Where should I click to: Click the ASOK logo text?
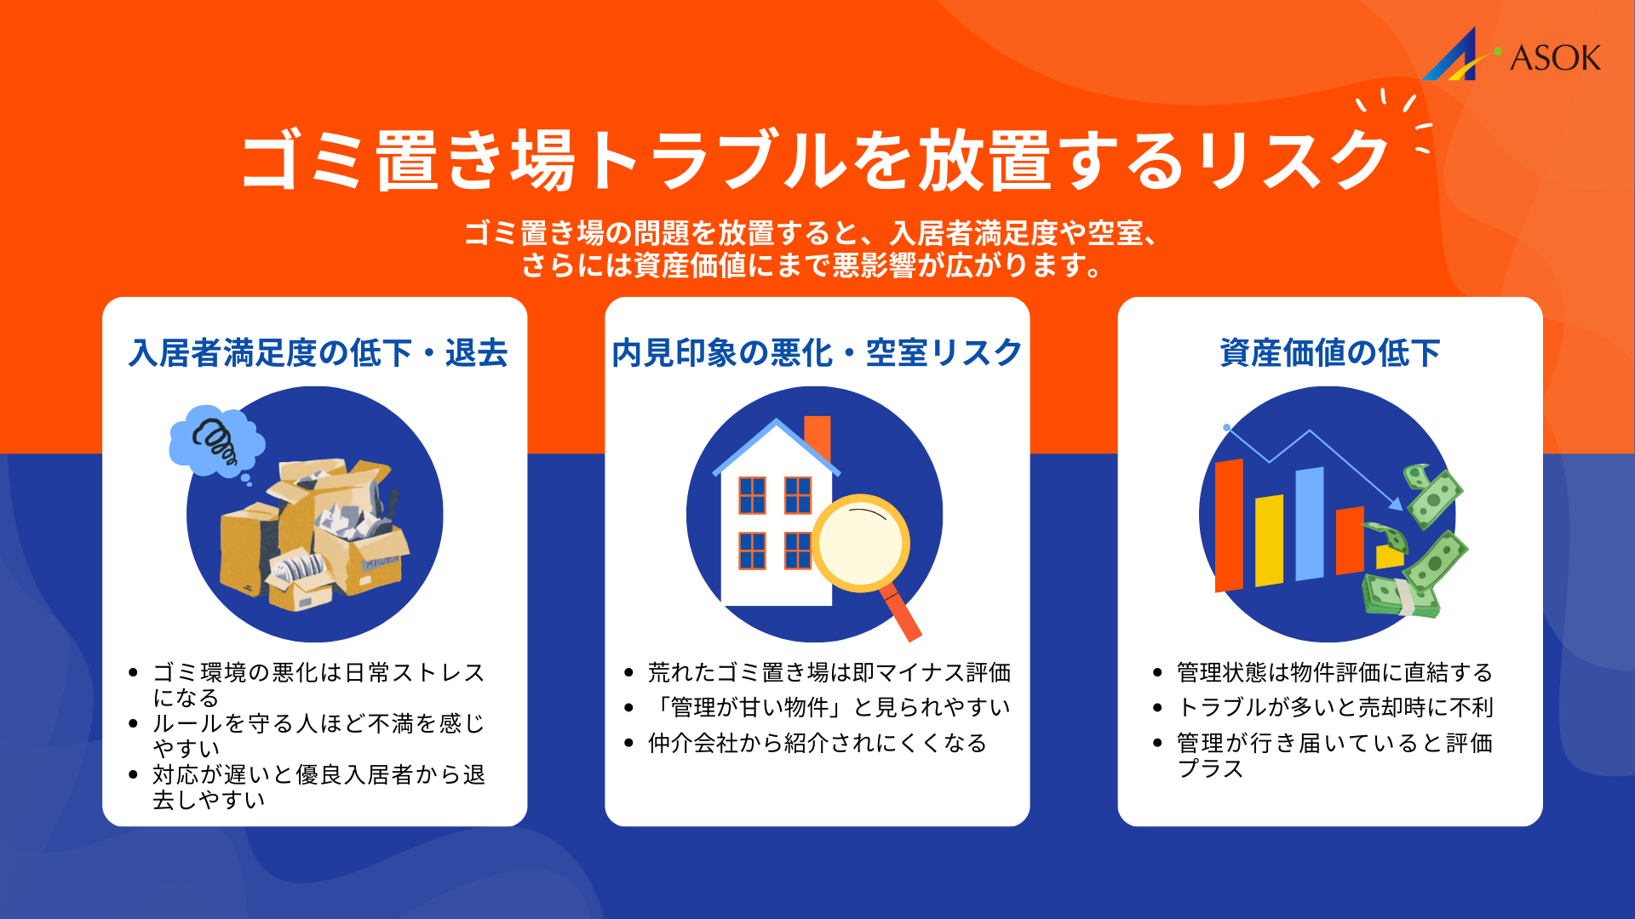tap(1554, 58)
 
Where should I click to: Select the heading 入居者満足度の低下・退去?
tap(318, 352)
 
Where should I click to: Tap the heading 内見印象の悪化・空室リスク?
tap(817, 352)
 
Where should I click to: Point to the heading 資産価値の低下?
tap(1329, 352)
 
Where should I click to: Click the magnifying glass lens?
tap(861, 543)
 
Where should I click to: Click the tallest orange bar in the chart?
tap(1229, 525)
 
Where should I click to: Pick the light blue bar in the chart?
tap(1310, 523)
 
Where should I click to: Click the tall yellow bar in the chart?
tap(1269, 540)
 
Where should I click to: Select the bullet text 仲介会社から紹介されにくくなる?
tap(817, 743)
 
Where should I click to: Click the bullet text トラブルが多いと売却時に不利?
tap(1334, 707)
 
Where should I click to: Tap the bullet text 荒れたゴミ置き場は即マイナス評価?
tap(829, 672)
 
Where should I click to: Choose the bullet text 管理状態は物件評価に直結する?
tap(1334, 672)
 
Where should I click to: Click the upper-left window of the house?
tap(752, 494)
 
